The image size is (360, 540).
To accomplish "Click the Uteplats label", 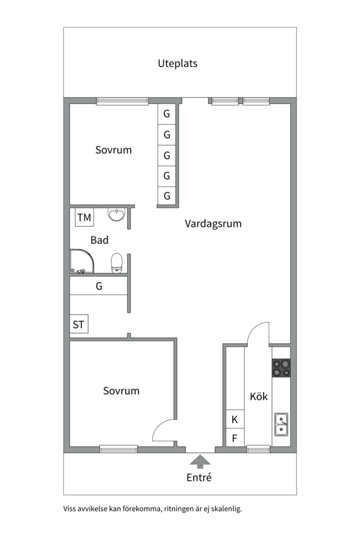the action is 177,63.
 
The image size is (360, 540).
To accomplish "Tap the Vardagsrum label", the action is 213,223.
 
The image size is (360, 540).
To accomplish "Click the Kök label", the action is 258,396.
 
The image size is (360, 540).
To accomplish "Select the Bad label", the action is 99,240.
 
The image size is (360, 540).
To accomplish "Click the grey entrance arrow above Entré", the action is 200,461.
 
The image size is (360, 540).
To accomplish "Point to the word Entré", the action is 199,477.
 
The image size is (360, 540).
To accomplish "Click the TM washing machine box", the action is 84,217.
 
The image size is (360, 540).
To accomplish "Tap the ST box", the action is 78,324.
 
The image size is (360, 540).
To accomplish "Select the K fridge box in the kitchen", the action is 235,419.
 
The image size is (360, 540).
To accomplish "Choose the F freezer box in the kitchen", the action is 235,438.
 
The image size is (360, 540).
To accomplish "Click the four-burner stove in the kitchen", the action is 281,368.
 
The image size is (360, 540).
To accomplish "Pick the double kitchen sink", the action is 281,424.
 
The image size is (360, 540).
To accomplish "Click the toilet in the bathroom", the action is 116,263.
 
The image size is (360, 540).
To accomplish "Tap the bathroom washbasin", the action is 116,214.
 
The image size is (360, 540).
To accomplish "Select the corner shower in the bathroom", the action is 81,261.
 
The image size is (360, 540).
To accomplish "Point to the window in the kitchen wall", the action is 258,448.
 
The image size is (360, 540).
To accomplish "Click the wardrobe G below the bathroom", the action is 99,286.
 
